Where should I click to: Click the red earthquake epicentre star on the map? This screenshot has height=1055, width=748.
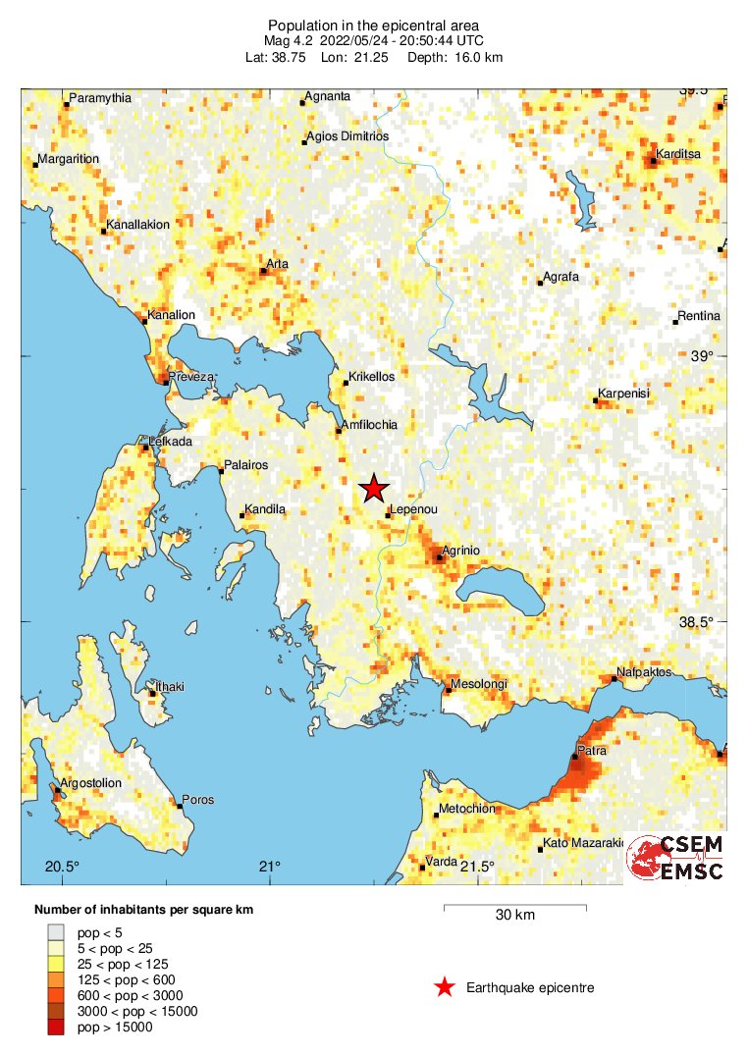click(373, 489)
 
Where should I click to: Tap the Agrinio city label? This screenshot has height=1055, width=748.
click(460, 551)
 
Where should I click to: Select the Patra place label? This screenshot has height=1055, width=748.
click(591, 751)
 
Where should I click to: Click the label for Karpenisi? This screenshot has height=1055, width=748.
click(625, 395)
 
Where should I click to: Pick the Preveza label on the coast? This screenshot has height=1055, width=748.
click(190, 376)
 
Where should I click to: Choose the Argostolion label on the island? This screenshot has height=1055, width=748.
click(90, 783)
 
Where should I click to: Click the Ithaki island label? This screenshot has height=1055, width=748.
click(169, 687)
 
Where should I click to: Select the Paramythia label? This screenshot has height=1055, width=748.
click(97, 98)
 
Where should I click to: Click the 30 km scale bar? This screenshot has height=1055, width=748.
click(514, 908)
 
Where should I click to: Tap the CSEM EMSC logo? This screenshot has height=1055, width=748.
click(676, 858)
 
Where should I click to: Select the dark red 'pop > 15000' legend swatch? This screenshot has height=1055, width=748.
click(56, 1027)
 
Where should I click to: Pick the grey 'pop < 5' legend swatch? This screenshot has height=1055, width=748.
click(56, 932)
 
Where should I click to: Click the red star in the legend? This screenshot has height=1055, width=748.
click(445, 987)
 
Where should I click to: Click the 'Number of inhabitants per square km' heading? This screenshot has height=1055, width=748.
click(143, 910)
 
